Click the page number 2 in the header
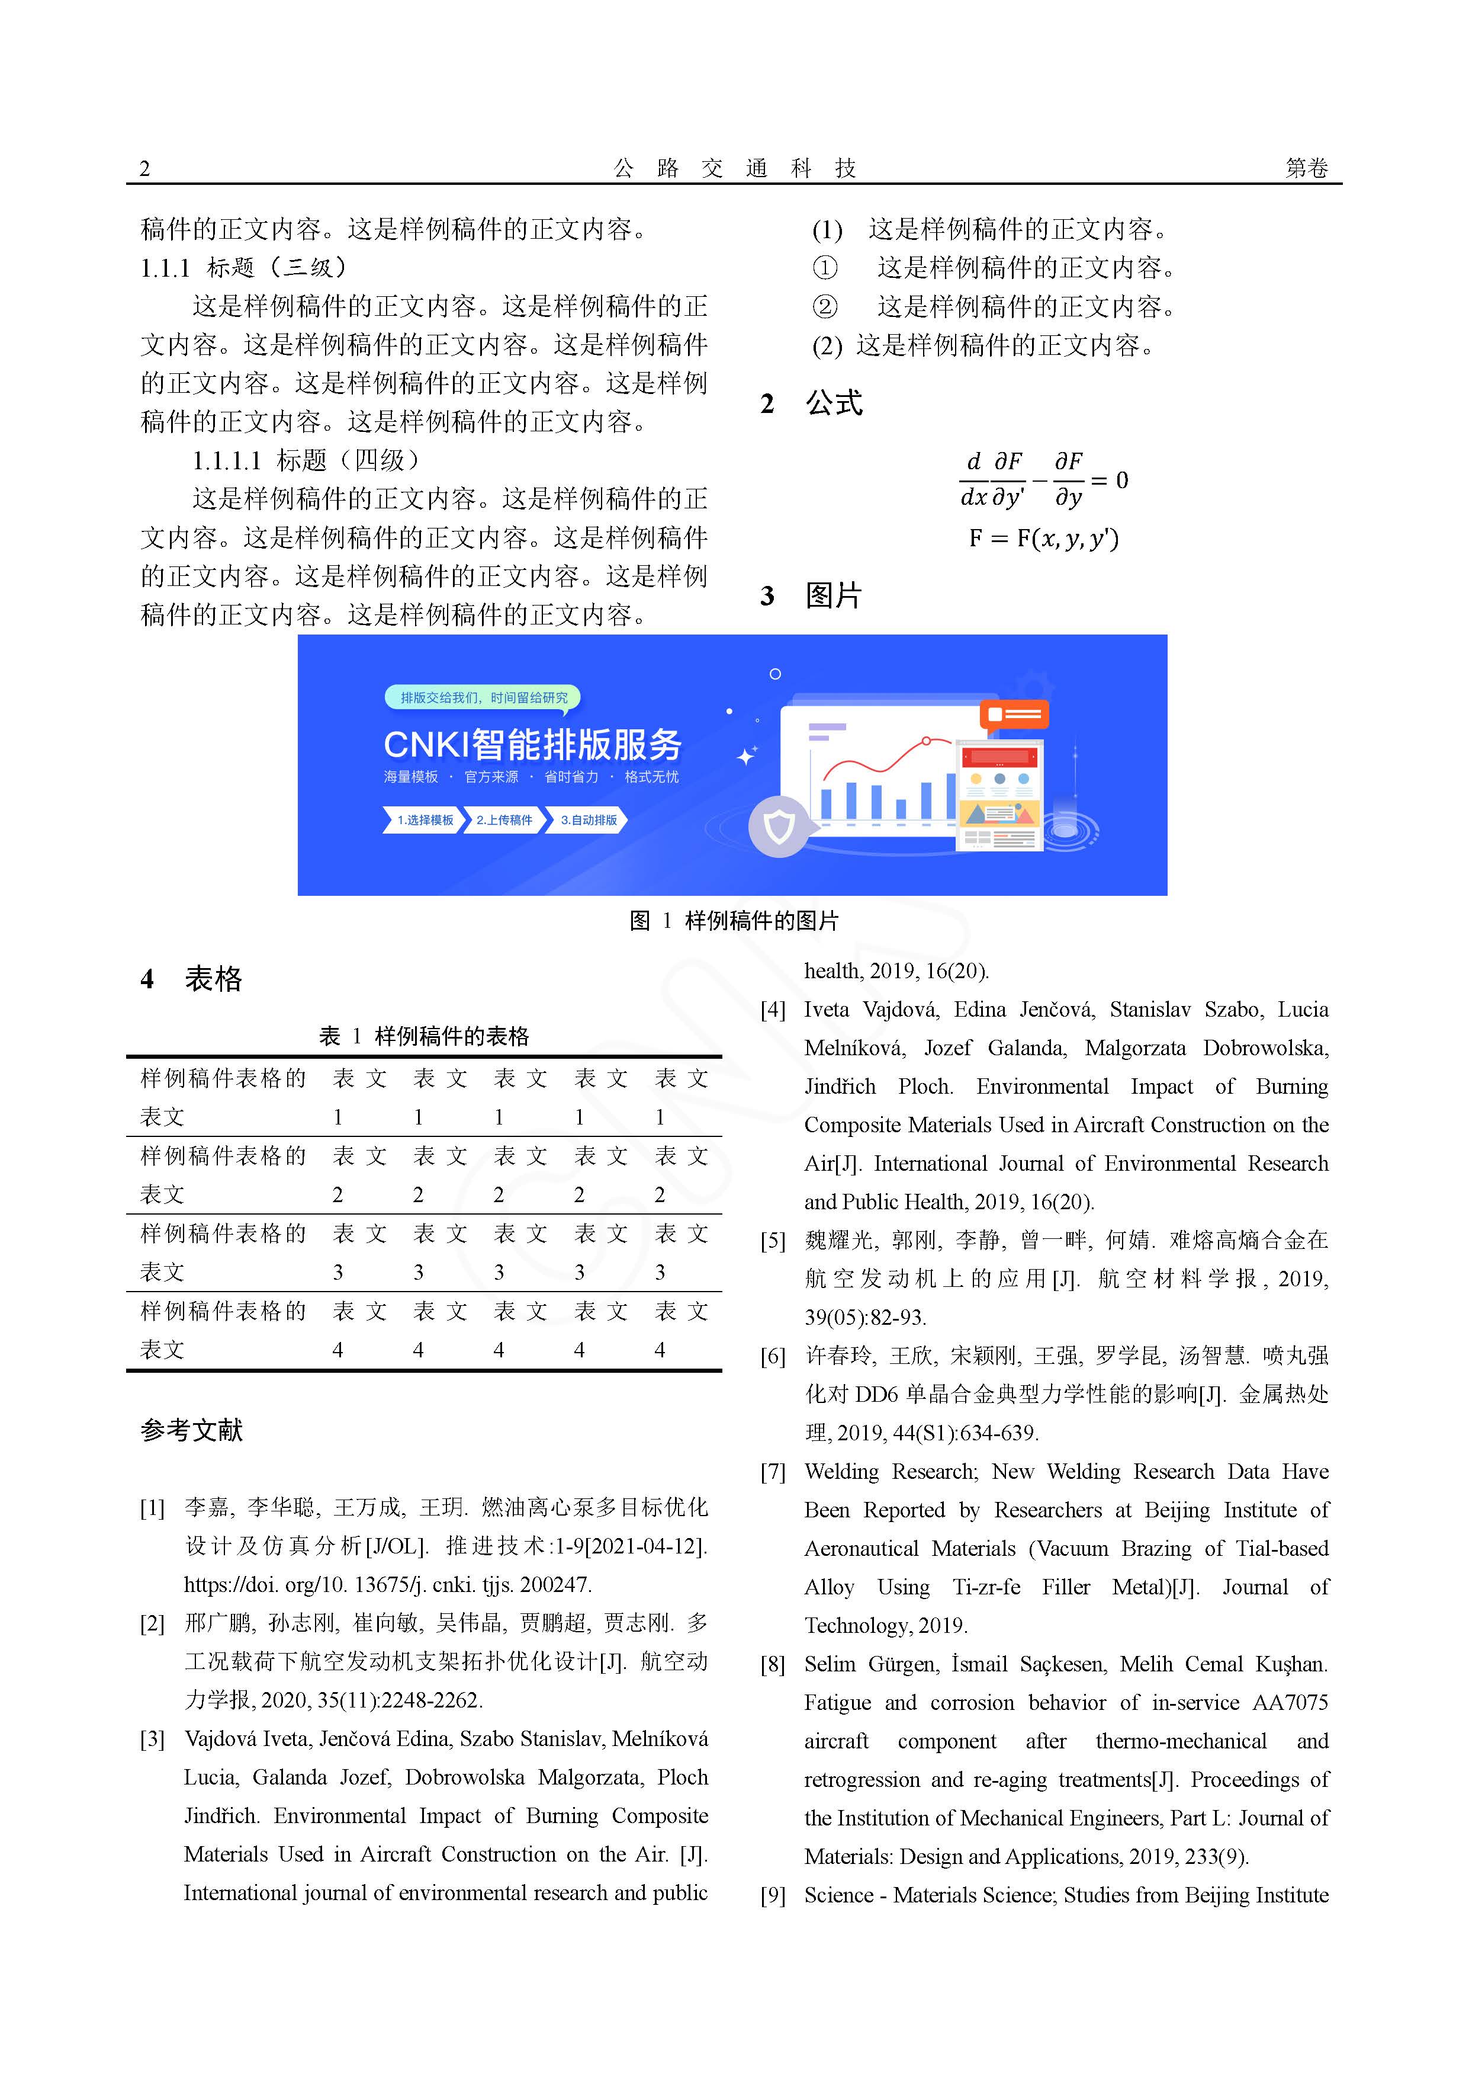145,168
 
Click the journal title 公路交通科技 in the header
734,168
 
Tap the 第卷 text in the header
1306,168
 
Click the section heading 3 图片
812,596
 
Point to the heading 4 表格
192,979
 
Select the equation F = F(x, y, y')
1044,539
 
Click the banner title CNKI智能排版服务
532,744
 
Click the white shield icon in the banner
779,826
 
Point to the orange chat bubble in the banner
1015,715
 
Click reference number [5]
773,1241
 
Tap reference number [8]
773,1664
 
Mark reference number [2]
152,1623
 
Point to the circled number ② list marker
825,307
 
